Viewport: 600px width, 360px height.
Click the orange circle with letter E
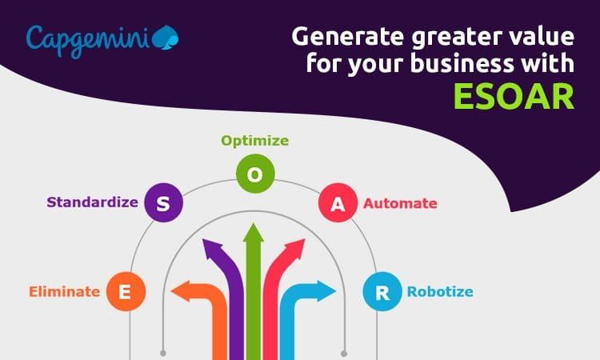(x=124, y=293)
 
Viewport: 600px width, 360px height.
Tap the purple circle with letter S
(x=163, y=203)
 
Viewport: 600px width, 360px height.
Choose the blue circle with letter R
(x=383, y=293)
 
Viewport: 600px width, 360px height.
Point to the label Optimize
(x=254, y=142)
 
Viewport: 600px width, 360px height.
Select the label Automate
(x=400, y=204)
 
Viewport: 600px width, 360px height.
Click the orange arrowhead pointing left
(x=179, y=291)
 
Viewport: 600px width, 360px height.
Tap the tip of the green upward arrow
(x=254, y=230)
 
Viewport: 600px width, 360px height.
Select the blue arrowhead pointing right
(x=327, y=291)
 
